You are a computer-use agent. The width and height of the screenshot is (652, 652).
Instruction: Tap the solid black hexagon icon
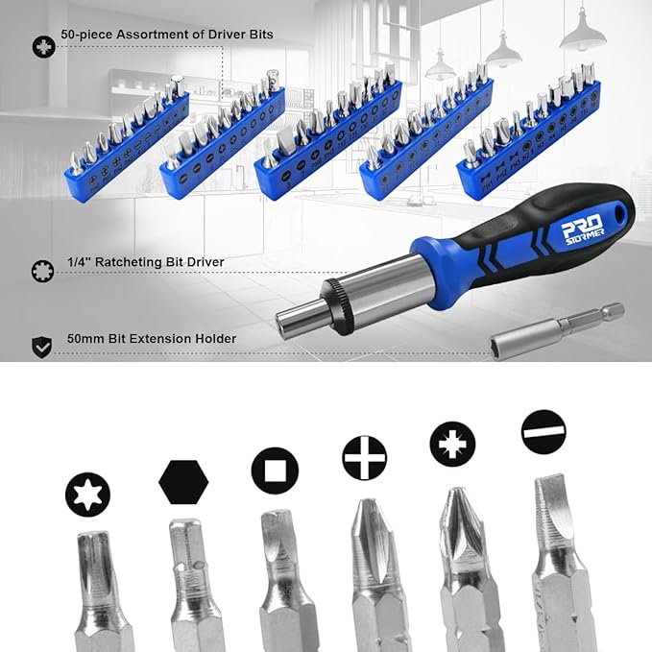[183, 482]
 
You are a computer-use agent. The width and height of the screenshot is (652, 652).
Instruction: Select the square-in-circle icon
[275, 471]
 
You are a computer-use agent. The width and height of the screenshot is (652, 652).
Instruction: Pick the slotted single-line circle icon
[543, 432]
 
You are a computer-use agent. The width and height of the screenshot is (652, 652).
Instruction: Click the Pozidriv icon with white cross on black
[452, 445]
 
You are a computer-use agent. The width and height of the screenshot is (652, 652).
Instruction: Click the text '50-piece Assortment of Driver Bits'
[167, 35]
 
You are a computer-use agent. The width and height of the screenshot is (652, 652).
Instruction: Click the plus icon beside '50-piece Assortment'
[43, 45]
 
